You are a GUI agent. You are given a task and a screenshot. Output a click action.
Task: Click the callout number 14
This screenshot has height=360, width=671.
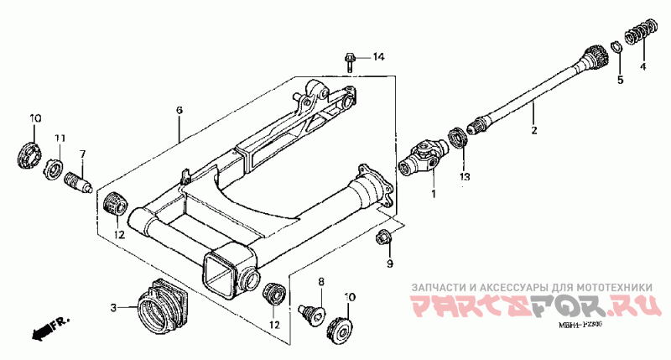point(378,57)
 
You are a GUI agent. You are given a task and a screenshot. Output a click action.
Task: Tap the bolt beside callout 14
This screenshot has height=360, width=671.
point(351,60)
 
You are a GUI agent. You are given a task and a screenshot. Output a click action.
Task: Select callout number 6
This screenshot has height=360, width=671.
point(179,111)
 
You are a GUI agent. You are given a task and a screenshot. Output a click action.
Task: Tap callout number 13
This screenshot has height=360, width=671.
point(464,177)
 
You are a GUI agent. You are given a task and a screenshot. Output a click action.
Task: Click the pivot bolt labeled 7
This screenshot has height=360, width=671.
point(79,180)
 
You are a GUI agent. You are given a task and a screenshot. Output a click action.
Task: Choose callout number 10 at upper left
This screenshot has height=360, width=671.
point(35,117)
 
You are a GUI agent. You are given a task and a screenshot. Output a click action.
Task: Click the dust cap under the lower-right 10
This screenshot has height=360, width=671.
point(341,328)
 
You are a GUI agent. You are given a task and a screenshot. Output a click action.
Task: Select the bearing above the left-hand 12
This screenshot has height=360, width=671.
point(114,203)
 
